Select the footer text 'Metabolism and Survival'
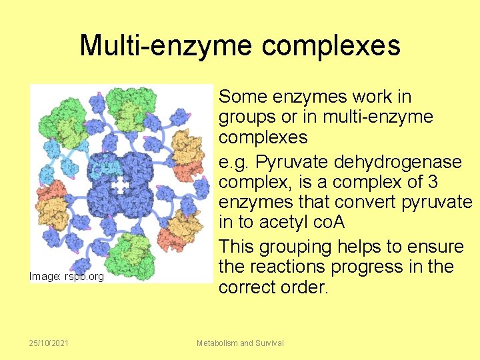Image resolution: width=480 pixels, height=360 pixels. (240, 343)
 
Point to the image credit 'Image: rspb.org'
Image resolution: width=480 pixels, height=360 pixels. (67, 276)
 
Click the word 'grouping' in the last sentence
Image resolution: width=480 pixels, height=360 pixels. (305, 247)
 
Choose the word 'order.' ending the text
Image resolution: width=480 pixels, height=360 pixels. (329, 287)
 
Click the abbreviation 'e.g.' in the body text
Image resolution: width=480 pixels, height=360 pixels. (235, 162)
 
